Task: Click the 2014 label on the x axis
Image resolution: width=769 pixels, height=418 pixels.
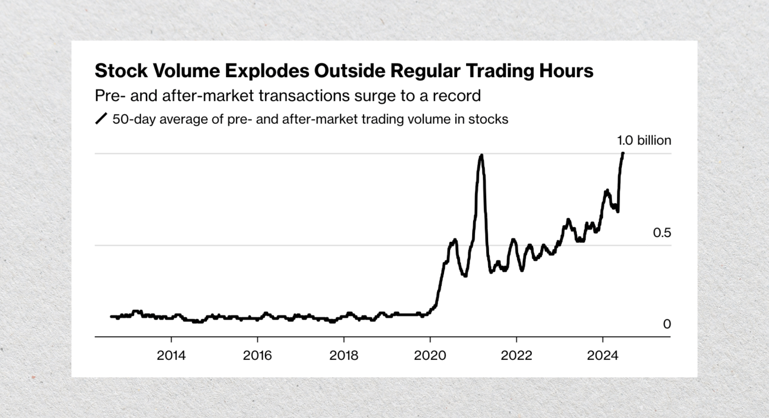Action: point(171,355)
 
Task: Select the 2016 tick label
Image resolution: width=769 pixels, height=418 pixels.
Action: point(257,355)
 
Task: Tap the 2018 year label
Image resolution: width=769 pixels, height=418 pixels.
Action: point(343,355)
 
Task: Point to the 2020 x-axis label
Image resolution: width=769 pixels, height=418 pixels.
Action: point(430,355)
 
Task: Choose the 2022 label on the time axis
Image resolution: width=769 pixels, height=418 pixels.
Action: point(516,355)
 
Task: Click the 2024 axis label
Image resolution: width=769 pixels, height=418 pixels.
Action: point(603,355)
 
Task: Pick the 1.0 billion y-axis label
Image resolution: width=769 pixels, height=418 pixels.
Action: point(644,141)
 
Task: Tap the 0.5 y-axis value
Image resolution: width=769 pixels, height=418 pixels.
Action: point(662,233)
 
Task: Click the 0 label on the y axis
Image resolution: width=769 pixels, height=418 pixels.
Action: point(667,324)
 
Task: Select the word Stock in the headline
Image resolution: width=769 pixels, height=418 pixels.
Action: point(121,71)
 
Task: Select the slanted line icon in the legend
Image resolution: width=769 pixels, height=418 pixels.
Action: point(101,119)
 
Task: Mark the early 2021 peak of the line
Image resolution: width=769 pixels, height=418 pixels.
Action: point(481,156)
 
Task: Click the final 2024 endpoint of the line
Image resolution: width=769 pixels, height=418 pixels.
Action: point(623,153)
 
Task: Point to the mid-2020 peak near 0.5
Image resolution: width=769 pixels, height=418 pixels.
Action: point(455,240)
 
